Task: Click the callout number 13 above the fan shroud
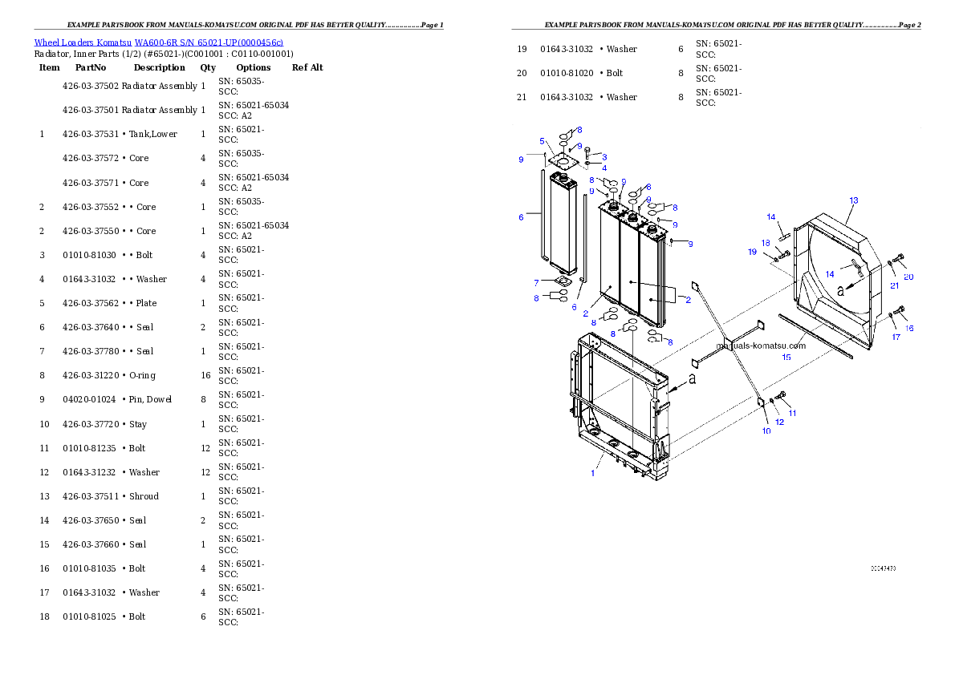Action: (853, 200)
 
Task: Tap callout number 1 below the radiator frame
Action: (593, 473)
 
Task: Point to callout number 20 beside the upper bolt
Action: (908, 277)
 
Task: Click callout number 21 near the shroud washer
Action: (894, 285)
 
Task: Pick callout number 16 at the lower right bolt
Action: (909, 328)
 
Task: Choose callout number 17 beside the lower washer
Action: (896, 337)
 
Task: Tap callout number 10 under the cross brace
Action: (766, 430)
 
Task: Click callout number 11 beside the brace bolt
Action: (792, 414)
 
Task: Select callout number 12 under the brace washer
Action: (779, 422)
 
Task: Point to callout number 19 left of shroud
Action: (752, 252)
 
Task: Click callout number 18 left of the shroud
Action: (766, 243)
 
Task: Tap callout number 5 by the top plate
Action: (542, 141)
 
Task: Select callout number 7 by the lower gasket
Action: (536, 282)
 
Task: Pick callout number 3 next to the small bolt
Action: (603, 156)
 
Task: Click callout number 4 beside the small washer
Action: (603, 168)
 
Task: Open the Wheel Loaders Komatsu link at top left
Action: (158, 42)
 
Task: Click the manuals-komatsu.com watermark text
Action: (760, 346)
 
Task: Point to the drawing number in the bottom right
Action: (883, 568)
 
